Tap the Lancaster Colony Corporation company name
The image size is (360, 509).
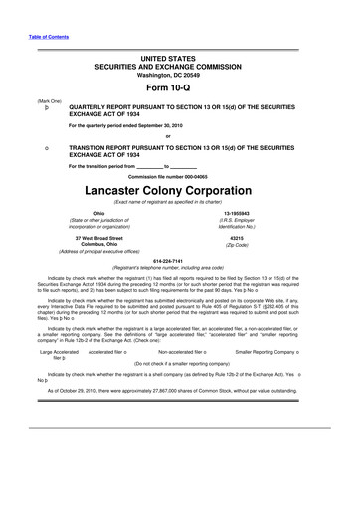(181, 186)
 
